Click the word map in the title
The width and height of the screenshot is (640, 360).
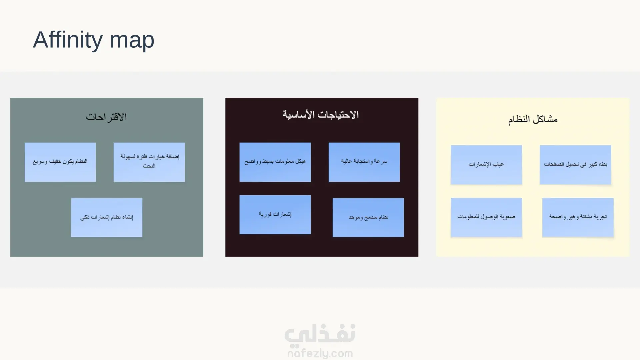[132, 41]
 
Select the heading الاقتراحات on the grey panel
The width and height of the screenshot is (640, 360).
[106, 117]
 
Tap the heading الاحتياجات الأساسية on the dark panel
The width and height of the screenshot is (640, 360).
[321, 114]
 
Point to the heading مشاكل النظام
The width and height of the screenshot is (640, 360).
[533, 119]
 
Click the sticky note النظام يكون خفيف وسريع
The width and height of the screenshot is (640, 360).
[60, 162]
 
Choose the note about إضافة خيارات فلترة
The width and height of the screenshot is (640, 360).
[149, 162]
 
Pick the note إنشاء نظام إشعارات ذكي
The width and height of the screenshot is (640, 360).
[107, 218]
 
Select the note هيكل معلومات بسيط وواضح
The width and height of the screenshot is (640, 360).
[275, 162]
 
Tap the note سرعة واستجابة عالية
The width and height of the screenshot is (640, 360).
[364, 162]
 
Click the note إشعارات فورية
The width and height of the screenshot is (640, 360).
[275, 215]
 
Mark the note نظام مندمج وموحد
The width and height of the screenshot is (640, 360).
[368, 218]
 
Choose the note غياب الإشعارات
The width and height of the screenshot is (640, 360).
[486, 165]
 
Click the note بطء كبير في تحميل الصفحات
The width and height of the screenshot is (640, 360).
[575, 165]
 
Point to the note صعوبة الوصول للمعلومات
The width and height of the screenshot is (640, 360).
[486, 218]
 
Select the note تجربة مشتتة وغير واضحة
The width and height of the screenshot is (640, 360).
[578, 218]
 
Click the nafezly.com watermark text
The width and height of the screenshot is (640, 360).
[320, 353]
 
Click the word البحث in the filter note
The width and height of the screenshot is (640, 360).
[149, 166]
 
